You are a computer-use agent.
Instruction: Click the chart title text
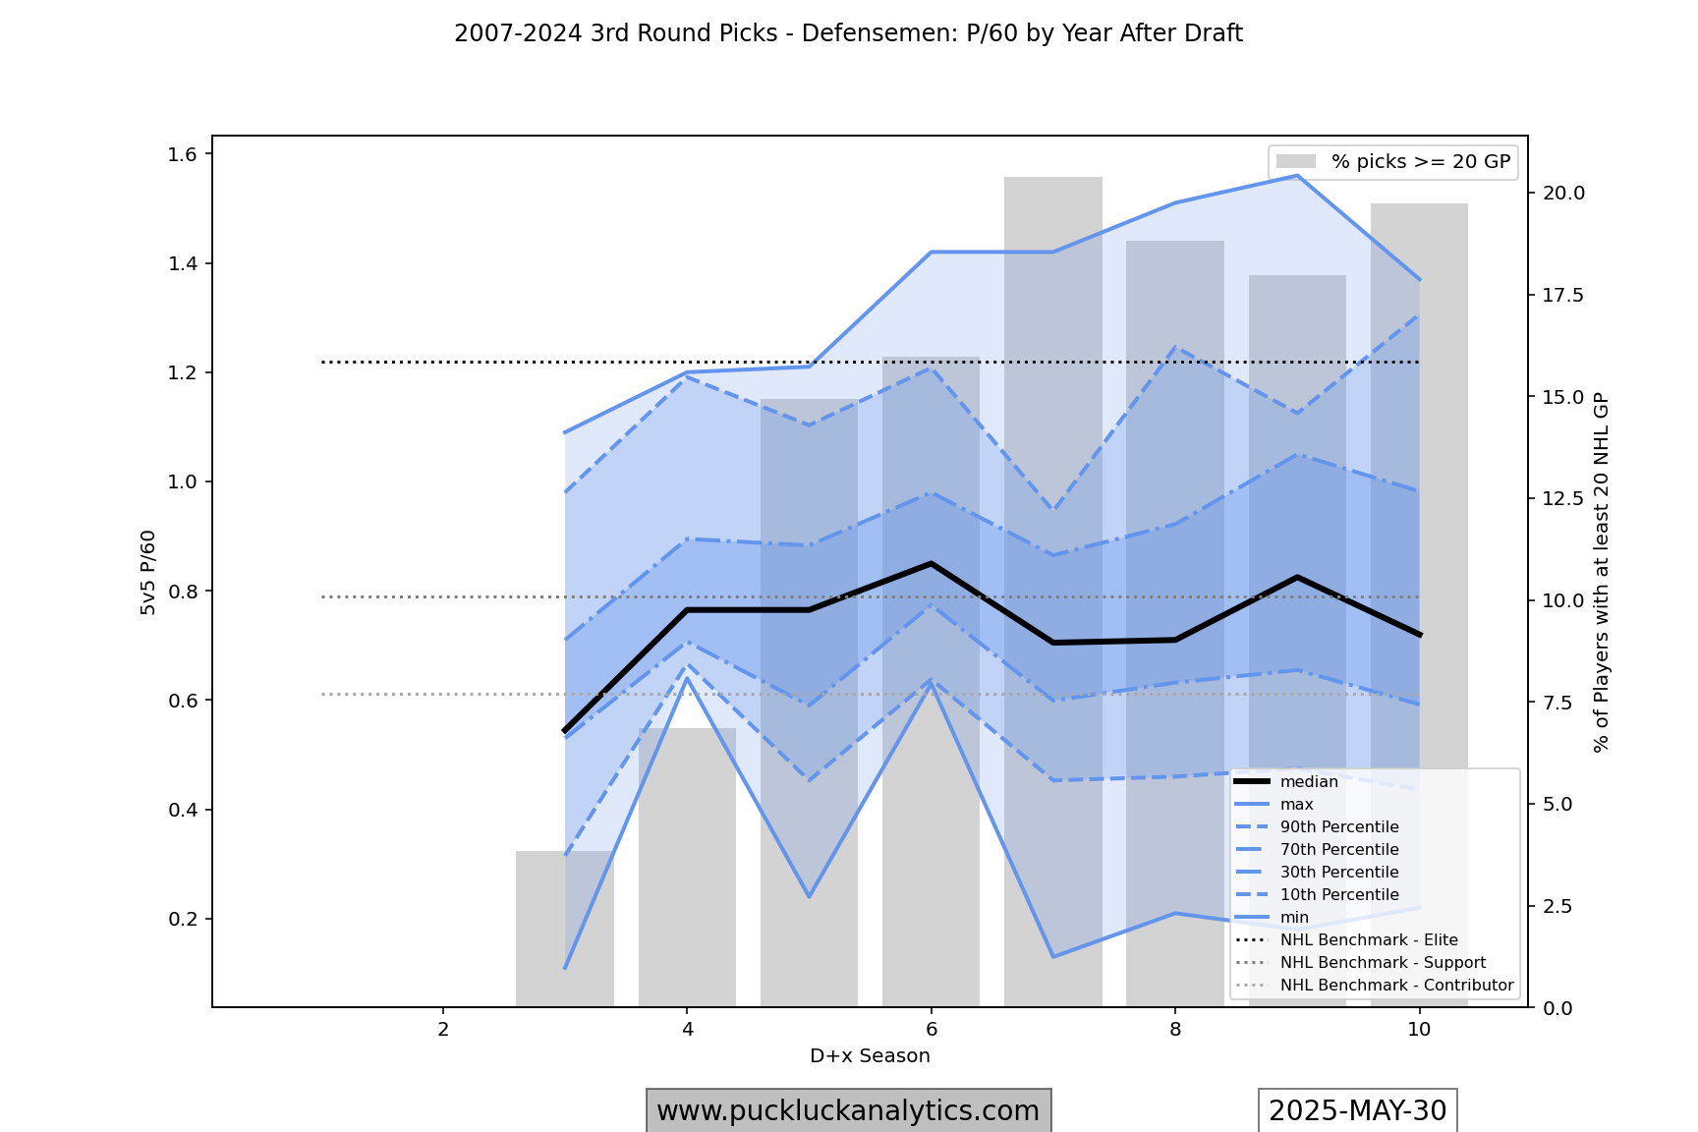[848, 33]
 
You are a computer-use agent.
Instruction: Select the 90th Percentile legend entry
[1338, 827]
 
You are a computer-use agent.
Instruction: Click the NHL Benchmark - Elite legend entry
[1368, 940]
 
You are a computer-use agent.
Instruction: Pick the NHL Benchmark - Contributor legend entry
[1395, 986]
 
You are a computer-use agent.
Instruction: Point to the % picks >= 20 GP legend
[1393, 162]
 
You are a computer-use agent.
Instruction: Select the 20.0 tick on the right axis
[1563, 193]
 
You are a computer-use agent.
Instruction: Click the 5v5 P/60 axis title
[148, 572]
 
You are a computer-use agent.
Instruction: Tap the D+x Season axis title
[870, 1056]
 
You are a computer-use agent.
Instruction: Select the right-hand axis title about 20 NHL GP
[1602, 572]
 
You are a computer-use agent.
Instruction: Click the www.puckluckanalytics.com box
[848, 1110]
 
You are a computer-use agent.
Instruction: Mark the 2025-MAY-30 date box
[1357, 1110]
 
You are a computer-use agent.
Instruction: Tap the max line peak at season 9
[1297, 176]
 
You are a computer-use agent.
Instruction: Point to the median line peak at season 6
[931, 563]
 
